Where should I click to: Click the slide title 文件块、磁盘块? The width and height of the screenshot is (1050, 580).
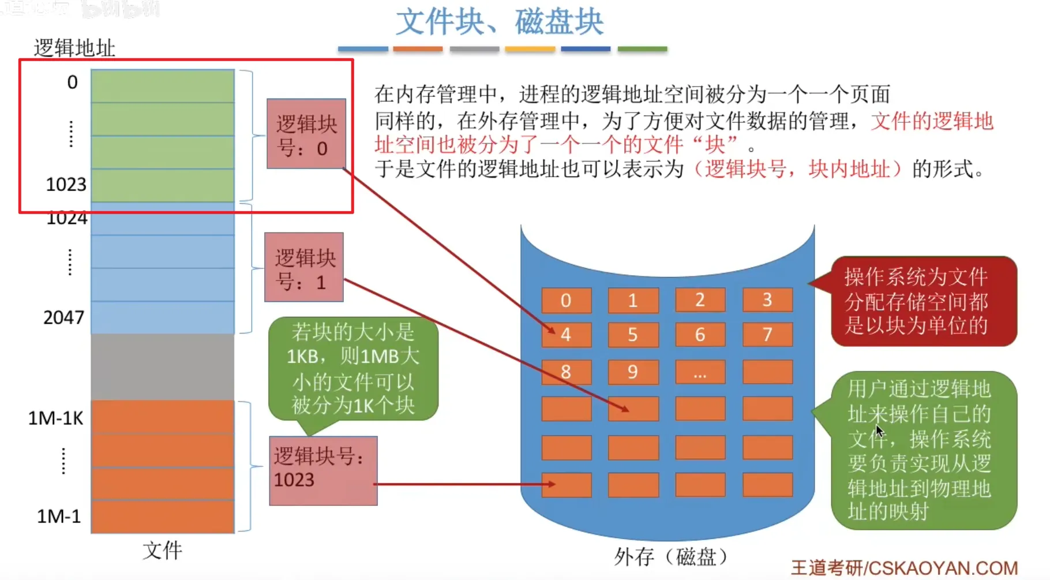(x=500, y=22)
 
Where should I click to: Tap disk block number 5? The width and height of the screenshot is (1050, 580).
(x=633, y=335)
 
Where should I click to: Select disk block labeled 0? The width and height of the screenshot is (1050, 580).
(x=566, y=300)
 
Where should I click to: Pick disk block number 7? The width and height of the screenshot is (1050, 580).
(x=767, y=335)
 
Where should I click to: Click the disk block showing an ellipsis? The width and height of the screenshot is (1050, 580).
(x=700, y=372)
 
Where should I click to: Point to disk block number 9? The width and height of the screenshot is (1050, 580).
(x=633, y=372)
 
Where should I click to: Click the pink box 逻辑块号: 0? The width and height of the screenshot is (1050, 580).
(x=306, y=134)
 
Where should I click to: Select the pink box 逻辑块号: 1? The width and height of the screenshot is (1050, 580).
(x=304, y=267)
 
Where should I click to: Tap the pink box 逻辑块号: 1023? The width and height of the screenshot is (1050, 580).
(x=323, y=471)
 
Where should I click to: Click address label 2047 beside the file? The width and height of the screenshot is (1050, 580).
(x=64, y=317)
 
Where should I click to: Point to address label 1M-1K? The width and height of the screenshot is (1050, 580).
(x=56, y=418)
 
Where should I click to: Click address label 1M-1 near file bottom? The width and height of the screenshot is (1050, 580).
(x=59, y=516)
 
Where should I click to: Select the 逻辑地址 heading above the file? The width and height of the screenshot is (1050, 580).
(x=74, y=48)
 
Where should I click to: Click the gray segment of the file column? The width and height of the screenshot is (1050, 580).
(x=163, y=367)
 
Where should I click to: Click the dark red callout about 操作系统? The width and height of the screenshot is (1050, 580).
(x=923, y=301)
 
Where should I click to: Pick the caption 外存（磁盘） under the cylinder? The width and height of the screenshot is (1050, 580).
(x=670, y=556)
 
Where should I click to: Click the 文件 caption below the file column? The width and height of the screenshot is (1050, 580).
(x=163, y=550)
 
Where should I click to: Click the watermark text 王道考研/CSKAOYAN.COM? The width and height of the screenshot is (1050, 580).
(x=904, y=568)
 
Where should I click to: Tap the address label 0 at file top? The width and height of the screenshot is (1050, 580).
(x=72, y=83)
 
